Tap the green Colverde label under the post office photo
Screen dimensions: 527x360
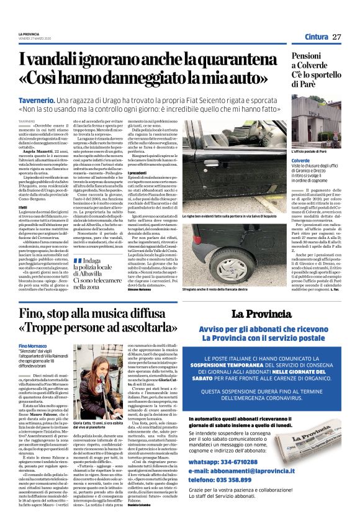click(284, 159)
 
